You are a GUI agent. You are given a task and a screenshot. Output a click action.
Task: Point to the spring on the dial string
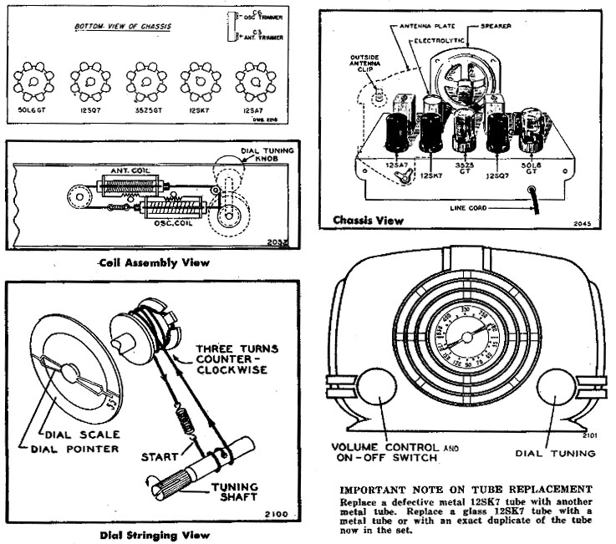(x=186, y=414)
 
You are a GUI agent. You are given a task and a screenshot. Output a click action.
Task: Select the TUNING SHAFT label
(x=237, y=493)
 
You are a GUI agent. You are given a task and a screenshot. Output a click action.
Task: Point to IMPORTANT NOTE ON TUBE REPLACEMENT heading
(x=466, y=488)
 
